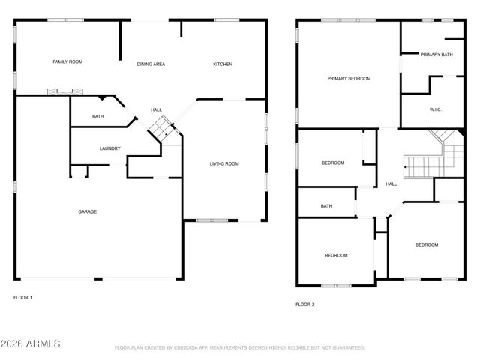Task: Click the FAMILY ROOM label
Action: pos(67,62)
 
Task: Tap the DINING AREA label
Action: pos(151,64)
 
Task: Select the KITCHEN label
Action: pos(223,64)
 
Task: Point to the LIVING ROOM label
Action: pos(224,163)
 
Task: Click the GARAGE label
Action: pos(88,211)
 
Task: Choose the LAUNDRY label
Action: pos(110,148)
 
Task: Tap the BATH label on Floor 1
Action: pos(98,116)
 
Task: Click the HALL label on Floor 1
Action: pos(156,109)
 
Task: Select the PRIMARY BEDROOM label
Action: pos(349,78)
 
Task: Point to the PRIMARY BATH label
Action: pos(436,55)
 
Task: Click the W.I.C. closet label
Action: pos(436,109)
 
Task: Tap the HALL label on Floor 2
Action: pos(391,184)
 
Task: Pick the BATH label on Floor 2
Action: pos(326,206)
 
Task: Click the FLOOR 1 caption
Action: pos(23,298)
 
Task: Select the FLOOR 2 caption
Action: pos(304,304)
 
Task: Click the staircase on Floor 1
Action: pos(160,128)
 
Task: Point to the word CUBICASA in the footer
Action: pos(191,348)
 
